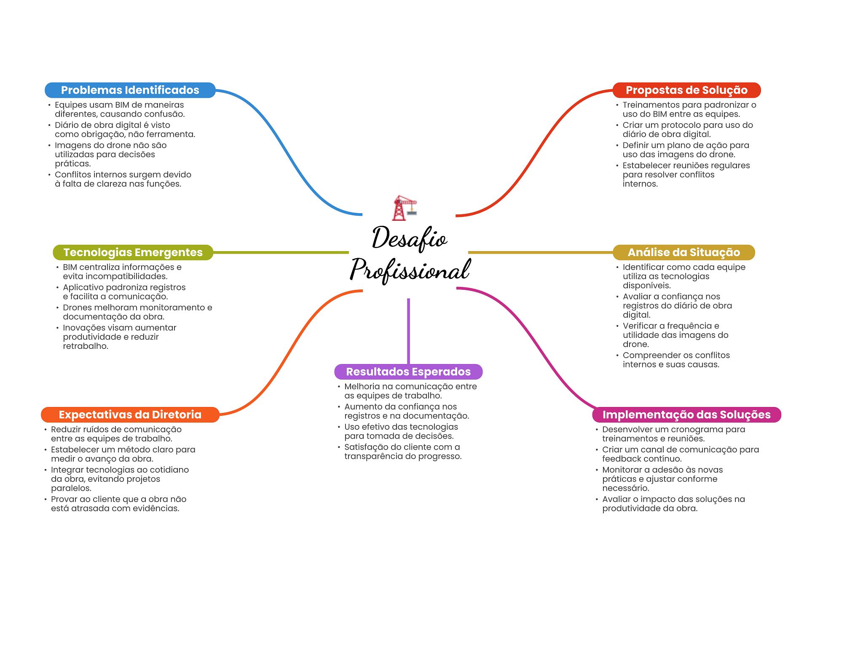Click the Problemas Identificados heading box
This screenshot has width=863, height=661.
pyautogui.click(x=130, y=90)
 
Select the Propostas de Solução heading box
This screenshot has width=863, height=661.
pyautogui.click(x=686, y=90)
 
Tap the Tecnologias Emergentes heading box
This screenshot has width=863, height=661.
pyautogui.click(x=133, y=252)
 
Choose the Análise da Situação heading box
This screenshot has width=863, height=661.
pyautogui.click(x=683, y=252)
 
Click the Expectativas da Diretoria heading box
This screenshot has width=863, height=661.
pyautogui.click(x=130, y=415)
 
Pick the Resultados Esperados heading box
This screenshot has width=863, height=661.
pyautogui.click(x=408, y=372)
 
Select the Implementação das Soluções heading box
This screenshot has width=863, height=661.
pyautogui.click(x=686, y=415)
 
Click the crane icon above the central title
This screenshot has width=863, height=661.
pyautogui.click(x=404, y=208)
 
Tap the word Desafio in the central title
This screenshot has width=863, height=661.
pyautogui.click(x=409, y=238)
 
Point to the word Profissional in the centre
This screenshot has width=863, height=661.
pyautogui.click(x=410, y=270)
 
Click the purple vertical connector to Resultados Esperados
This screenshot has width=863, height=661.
pyautogui.click(x=408, y=331)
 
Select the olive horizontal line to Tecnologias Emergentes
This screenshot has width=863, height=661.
pyautogui.click(x=280, y=252)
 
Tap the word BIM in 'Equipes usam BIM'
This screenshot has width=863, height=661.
pyautogui.click(x=122, y=105)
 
